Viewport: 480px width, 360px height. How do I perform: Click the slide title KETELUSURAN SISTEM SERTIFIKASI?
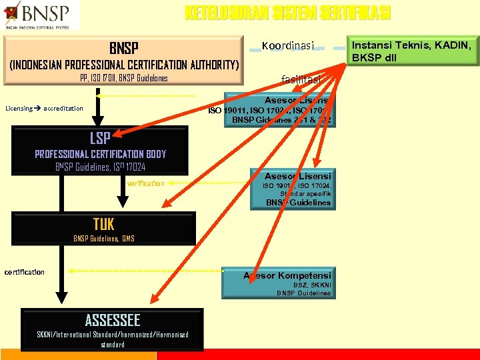point(287,13)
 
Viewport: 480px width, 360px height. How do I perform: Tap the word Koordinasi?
point(288,45)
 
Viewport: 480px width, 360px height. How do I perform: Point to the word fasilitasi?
point(301,79)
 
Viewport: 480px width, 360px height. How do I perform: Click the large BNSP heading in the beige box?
point(124,48)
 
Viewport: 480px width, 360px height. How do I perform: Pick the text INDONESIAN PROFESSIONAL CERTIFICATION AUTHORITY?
point(124,65)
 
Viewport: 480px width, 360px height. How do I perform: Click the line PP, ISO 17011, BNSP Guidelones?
point(124,79)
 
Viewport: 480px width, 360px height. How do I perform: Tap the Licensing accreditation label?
point(44,108)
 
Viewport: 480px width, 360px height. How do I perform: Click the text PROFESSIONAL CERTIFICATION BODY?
point(101,154)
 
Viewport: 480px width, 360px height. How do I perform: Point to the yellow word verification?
point(145,183)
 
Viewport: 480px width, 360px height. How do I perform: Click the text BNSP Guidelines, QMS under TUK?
point(104,238)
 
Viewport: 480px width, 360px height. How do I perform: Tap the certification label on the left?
point(25,272)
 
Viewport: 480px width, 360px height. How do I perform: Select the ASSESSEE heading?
point(113,320)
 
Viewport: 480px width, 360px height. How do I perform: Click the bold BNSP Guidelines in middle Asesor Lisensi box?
point(298,203)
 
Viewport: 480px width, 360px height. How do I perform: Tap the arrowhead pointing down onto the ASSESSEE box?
point(61,301)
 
